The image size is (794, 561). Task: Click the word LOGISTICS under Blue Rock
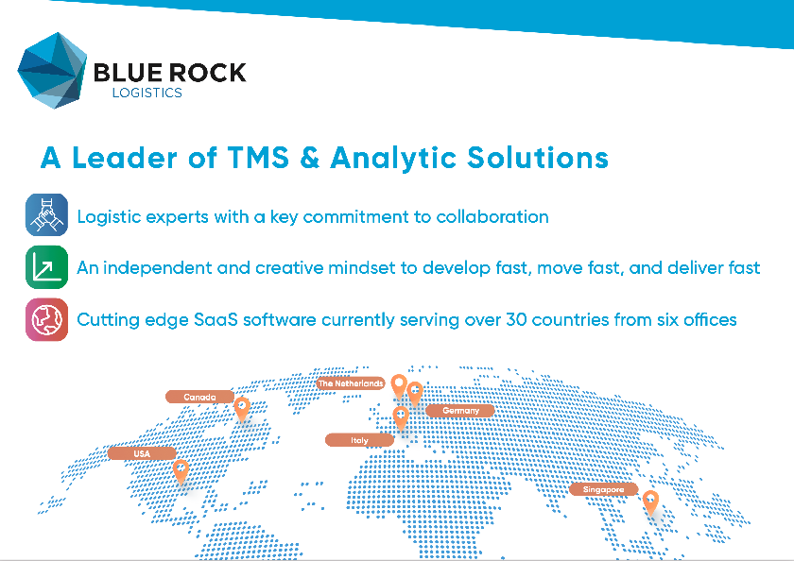point(147,93)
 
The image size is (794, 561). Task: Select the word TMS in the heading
point(271,157)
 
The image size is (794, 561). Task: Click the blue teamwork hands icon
point(46,214)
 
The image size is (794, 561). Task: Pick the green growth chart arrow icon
point(46,266)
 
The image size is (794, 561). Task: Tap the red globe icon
point(46,318)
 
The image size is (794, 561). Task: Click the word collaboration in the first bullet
point(492,216)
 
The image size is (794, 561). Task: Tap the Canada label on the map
point(199,397)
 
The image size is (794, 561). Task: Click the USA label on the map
point(142,453)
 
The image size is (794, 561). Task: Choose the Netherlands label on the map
point(350,383)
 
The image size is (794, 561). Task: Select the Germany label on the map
point(460,411)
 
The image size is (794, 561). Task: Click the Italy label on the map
point(359,440)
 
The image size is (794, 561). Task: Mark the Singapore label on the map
point(603,489)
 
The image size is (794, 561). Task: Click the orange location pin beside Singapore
point(650,501)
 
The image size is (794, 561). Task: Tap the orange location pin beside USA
point(181,468)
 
